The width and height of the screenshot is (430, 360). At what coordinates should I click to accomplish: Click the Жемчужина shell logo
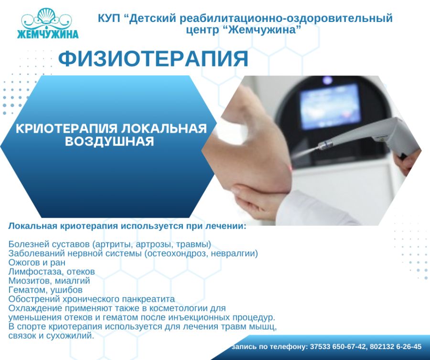pos(48,23)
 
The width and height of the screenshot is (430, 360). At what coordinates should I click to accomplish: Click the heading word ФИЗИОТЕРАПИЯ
pos(153,58)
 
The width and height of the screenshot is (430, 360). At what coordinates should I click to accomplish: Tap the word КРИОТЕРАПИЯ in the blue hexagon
pos(67,128)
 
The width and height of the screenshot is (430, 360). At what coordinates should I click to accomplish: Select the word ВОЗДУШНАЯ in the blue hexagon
pos(109,141)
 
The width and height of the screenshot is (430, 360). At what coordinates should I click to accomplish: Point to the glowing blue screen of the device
pos(329,107)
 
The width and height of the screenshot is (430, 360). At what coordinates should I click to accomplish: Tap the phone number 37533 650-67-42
pos(338,347)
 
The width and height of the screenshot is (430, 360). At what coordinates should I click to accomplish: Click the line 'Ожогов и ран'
pos(37,263)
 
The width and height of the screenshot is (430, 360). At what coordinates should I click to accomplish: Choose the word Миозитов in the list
pos(31,281)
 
